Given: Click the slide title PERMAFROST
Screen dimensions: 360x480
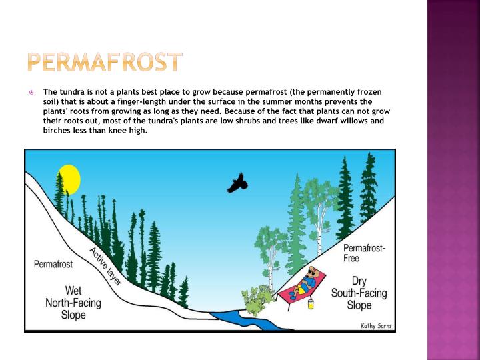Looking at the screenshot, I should click(x=105, y=62).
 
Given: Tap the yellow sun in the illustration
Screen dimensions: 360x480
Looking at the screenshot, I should click(x=69, y=179).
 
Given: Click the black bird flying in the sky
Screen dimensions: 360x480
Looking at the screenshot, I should click(x=237, y=182).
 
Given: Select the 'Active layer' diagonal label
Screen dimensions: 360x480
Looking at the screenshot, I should click(x=105, y=266).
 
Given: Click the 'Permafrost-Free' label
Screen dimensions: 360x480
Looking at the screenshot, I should click(x=364, y=253).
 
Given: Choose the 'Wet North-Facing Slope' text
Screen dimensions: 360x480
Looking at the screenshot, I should click(x=73, y=303).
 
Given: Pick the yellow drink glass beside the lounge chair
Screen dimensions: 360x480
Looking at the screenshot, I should click(x=311, y=304).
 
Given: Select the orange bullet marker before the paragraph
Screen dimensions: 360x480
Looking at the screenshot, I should click(x=31, y=92).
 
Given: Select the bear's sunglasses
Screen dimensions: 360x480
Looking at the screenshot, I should click(x=313, y=273).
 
